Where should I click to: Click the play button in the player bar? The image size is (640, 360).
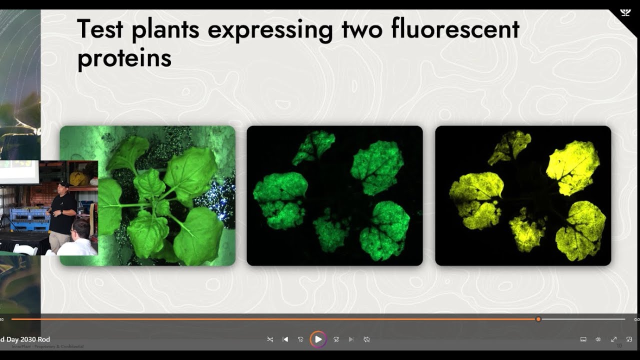[x=318, y=339]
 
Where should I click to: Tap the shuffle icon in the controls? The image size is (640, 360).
[x=270, y=339]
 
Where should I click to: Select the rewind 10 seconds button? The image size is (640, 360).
[x=300, y=339]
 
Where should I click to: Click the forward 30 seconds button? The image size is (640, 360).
[x=336, y=339]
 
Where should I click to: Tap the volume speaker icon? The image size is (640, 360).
[x=598, y=339]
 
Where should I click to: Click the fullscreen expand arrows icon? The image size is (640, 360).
[x=613, y=339]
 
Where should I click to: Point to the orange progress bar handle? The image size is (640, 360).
[x=538, y=319]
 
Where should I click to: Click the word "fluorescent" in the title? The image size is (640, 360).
[x=455, y=30]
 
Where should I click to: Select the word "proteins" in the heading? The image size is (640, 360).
[x=124, y=59]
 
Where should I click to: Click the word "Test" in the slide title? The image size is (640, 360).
[x=100, y=30]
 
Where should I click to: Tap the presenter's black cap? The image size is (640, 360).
[x=62, y=184]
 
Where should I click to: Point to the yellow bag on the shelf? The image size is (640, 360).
[x=78, y=178]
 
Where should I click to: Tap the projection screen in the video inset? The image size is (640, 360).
[x=19, y=171]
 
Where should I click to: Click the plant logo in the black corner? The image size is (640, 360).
[x=625, y=12]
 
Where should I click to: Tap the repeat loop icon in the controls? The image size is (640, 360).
[x=366, y=339]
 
